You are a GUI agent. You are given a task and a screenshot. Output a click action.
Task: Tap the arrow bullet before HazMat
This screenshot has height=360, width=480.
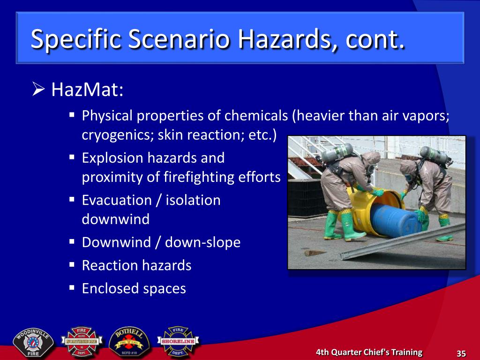coord(38,89)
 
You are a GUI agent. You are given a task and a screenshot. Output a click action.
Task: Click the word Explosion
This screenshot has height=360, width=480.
coord(112,158)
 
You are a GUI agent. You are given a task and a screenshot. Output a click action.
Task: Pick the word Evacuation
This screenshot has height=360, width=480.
coord(117,200)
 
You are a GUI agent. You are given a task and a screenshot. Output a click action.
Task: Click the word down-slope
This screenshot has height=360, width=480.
coord(202,242)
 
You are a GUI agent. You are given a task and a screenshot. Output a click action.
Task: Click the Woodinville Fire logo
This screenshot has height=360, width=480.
coord(33,343)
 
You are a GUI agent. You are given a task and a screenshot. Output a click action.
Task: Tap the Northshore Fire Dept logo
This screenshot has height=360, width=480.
coord(82,341)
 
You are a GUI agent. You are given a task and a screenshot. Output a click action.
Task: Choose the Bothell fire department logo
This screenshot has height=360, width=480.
coord(129,341)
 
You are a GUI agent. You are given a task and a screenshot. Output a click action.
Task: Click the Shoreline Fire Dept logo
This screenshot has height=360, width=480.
coord(178,341)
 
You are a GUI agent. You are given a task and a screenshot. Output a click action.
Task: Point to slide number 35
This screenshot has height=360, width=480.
coord(461,353)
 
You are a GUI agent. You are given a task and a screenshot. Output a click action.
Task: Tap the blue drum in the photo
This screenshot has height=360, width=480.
coord(395,220)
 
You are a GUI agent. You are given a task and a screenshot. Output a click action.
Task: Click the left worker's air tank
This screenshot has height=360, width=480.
coord(337,152)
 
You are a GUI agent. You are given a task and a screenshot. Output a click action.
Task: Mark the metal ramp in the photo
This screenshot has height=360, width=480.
coord(403,241)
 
